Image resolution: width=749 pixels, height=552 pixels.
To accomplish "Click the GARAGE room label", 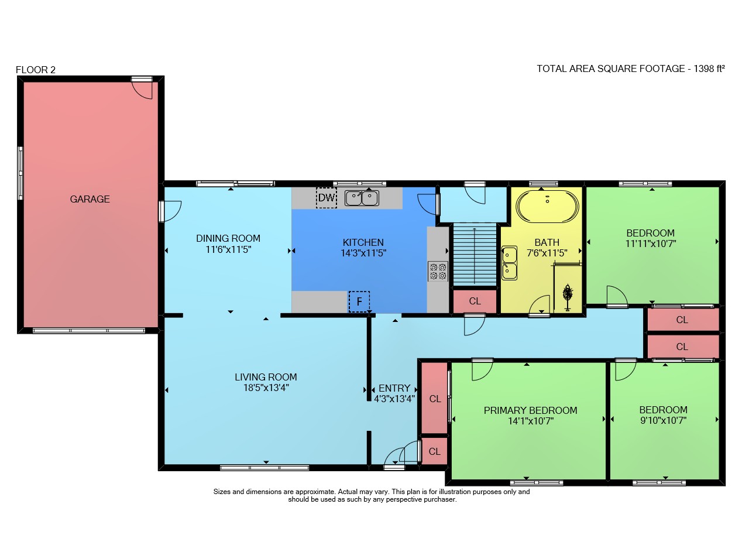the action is tap(90, 200).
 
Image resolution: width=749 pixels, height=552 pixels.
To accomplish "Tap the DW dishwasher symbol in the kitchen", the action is tap(327, 198).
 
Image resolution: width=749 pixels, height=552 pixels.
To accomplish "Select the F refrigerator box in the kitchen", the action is tap(359, 301).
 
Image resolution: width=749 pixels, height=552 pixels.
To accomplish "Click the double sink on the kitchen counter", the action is tap(362, 198).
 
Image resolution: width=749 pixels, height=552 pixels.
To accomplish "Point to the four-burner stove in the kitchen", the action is tap(438, 271).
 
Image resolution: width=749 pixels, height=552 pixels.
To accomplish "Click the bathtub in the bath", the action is tap(547, 206).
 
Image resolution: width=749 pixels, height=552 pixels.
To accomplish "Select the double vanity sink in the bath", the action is tap(509, 263).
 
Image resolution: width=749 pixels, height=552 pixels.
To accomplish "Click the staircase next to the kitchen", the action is tap(475, 255).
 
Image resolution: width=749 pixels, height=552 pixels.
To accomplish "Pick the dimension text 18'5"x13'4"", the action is tap(266, 388).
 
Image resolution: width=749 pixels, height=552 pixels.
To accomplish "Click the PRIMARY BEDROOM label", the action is tap(530, 410).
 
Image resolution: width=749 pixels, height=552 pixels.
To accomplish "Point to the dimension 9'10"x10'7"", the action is tap(664, 420).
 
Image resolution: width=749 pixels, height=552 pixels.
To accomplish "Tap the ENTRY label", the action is tap(394, 388).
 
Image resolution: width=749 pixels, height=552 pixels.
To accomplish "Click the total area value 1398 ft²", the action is tap(709, 68).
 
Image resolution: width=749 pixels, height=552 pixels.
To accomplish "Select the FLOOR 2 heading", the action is tap(36, 70).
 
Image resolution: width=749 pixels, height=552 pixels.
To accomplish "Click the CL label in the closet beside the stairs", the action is tap(475, 301).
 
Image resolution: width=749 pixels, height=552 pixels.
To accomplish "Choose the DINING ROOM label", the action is tap(228, 238).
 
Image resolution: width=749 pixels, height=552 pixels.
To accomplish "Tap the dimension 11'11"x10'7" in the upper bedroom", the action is tap(651, 244).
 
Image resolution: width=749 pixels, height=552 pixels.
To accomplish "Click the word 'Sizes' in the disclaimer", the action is tap(222, 492).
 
